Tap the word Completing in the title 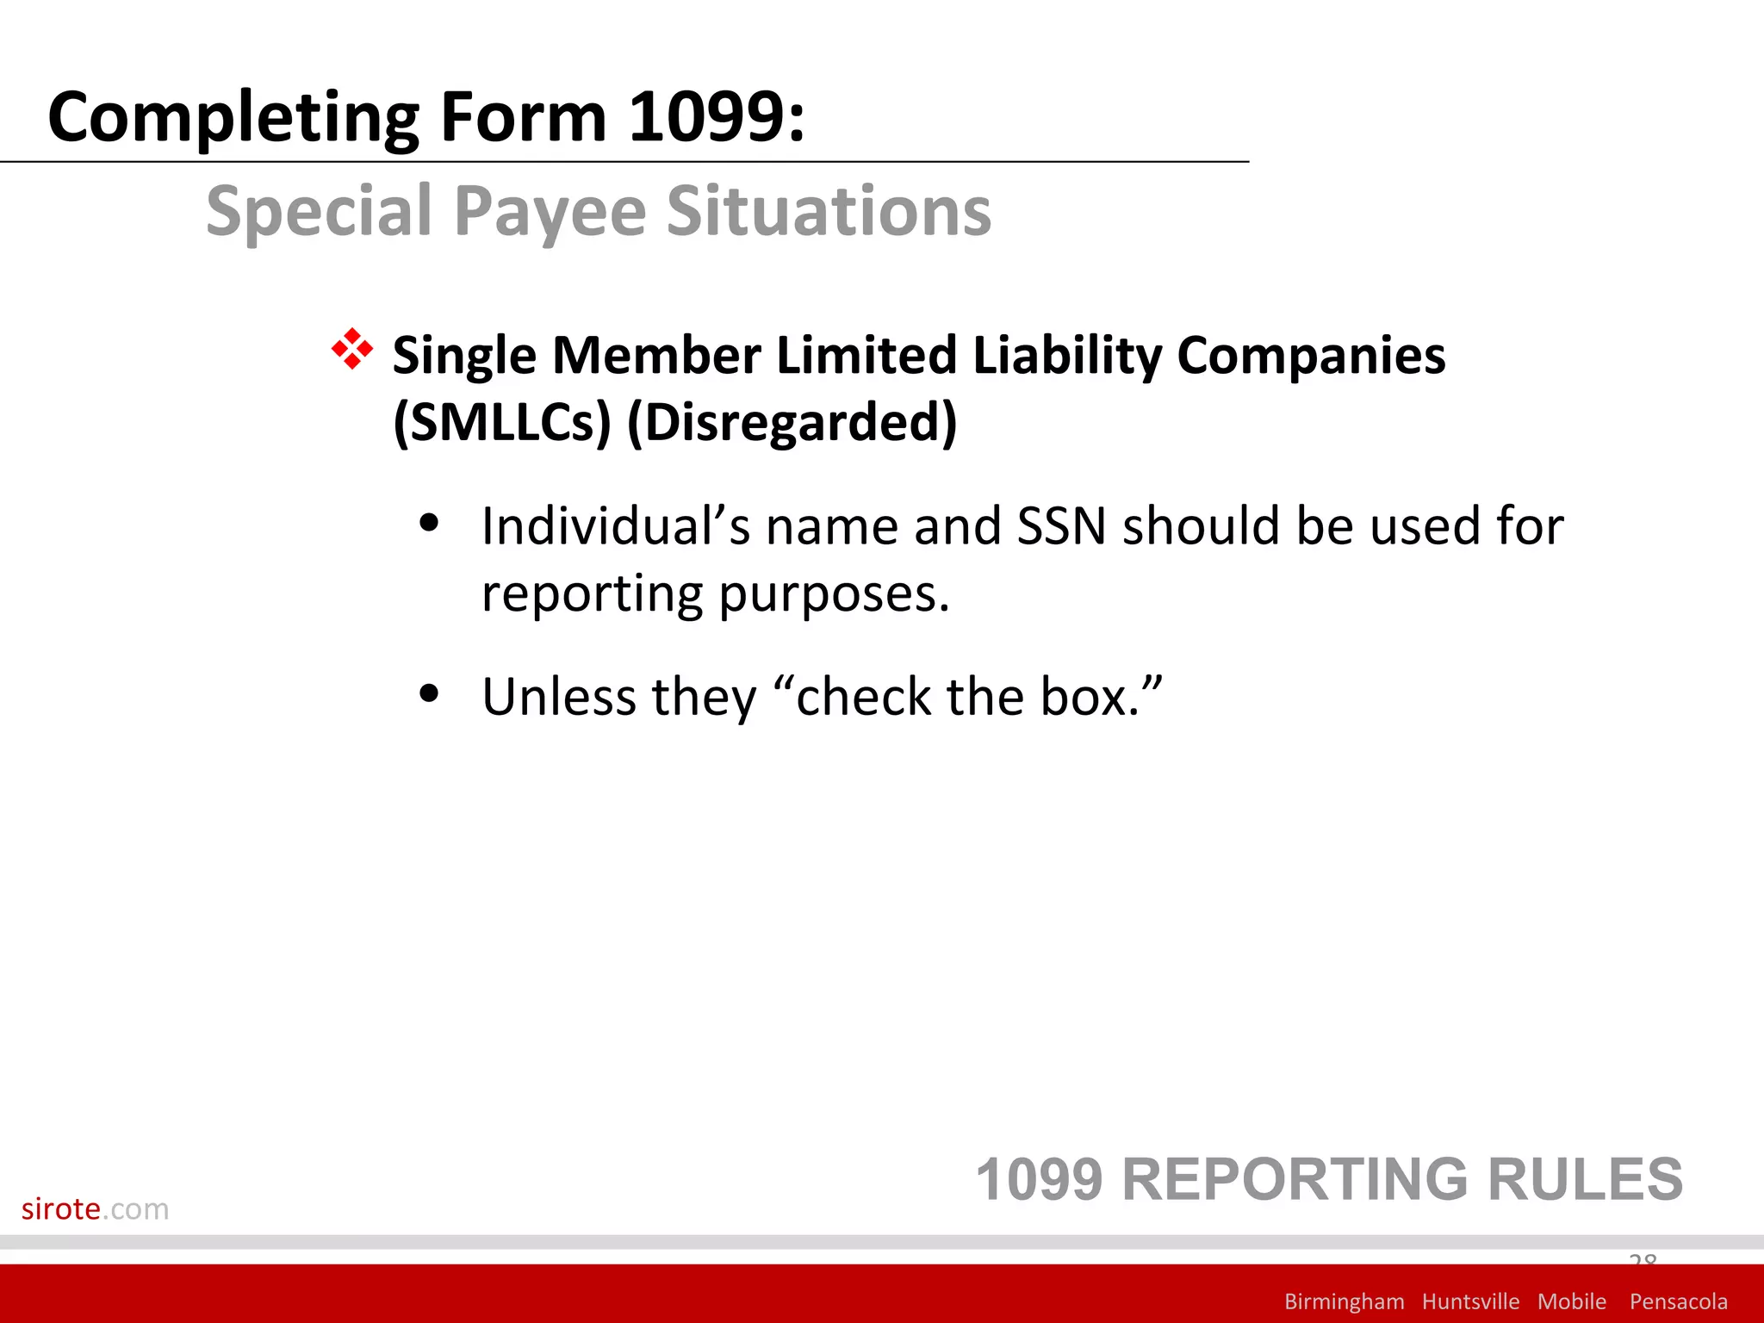click(x=233, y=118)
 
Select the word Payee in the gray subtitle click(x=550, y=212)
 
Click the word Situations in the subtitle click(x=829, y=212)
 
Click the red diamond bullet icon click(x=352, y=350)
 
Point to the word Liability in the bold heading click(x=1066, y=356)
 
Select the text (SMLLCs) click(x=501, y=422)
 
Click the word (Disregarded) click(x=792, y=422)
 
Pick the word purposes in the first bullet click(x=833, y=594)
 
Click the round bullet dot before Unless click(x=429, y=693)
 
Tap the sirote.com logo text click(x=95, y=1208)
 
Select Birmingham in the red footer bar click(x=1344, y=1301)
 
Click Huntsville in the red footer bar click(x=1470, y=1301)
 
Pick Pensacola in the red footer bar click(x=1678, y=1301)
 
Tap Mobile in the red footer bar click(x=1571, y=1301)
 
